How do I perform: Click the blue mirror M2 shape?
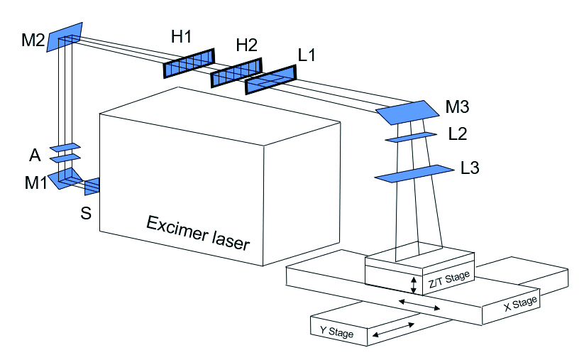pyautogui.click(x=65, y=37)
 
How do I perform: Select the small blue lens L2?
pyautogui.click(x=411, y=136)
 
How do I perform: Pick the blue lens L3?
pyautogui.click(x=414, y=173)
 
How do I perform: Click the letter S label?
pyautogui.click(x=85, y=212)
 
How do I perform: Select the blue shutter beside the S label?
pyautogui.click(x=92, y=187)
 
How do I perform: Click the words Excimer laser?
pyautogui.click(x=198, y=233)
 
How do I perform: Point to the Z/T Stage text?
pyautogui.click(x=448, y=278)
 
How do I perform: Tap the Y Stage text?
pyautogui.click(x=336, y=332)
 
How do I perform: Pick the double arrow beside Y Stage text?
pyautogui.click(x=393, y=329)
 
